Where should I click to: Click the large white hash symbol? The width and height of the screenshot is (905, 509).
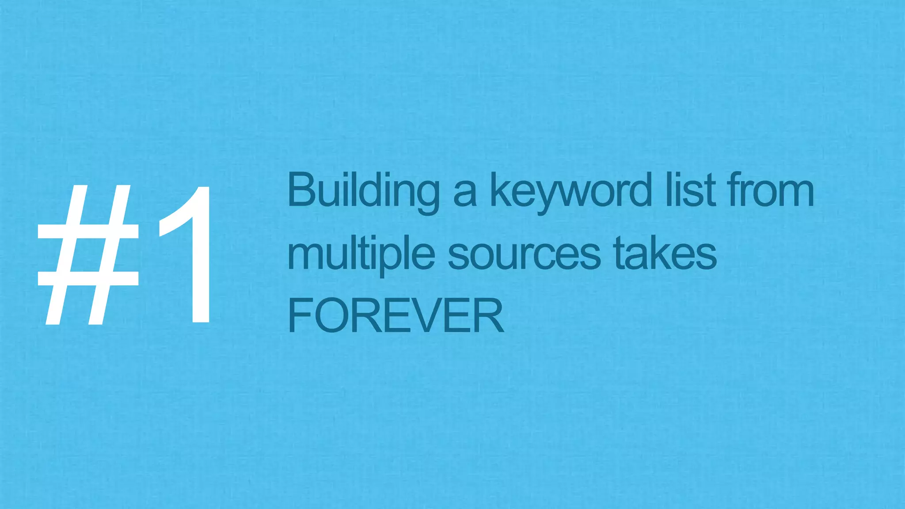pyautogui.click(x=88, y=255)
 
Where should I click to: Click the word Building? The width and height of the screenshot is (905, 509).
pyautogui.click(x=363, y=191)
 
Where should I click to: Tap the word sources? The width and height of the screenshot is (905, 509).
pyautogui.click(x=524, y=255)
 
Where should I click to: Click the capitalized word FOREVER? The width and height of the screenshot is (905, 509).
pyautogui.click(x=395, y=315)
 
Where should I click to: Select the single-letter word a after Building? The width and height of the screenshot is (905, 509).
pyautogui.click(x=465, y=194)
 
